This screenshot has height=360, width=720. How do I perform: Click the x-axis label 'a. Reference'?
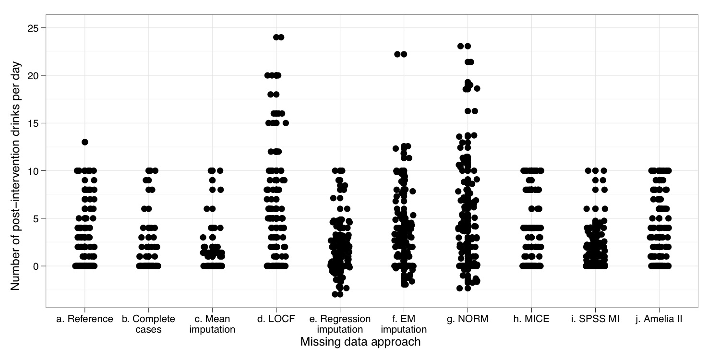(84, 319)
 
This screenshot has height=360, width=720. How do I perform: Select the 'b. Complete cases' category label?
(148, 324)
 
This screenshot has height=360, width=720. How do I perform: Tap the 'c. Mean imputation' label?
(212, 324)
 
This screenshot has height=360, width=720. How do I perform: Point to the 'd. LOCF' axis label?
(276, 319)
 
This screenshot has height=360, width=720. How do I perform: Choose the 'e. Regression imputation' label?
(339, 324)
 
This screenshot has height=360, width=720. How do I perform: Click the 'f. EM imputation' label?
(403, 324)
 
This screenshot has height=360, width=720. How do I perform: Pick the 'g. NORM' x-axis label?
(467, 319)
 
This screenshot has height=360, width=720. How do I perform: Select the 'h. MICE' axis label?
(531, 319)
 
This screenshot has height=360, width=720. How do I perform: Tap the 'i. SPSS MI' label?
(595, 319)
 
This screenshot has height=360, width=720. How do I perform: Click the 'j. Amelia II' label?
(659, 319)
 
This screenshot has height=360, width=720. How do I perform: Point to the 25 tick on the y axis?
(33, 28)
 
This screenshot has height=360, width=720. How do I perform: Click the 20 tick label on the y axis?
(33, 75)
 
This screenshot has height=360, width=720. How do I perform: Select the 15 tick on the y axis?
(33, 123)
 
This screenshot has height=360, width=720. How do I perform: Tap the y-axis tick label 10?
(33, 170)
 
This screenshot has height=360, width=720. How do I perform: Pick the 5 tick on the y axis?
(36, 218)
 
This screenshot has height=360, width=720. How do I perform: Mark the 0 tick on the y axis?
(36, 265)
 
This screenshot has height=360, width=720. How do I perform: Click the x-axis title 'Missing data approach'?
(360, 342)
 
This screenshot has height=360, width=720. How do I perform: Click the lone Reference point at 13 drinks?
(85, 142)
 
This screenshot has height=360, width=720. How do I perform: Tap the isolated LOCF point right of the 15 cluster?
(286, 123)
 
